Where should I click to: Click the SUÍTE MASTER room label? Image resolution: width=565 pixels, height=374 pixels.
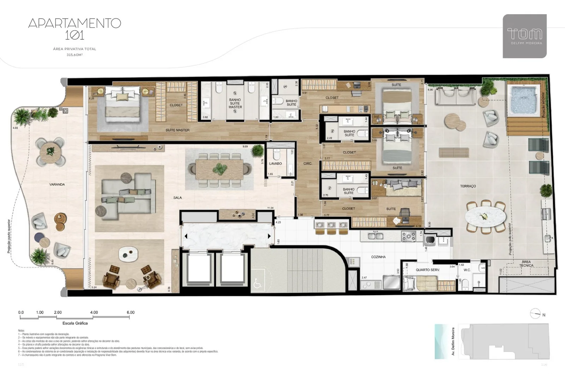[x=178, y=130]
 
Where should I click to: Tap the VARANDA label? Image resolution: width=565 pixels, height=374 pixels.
[x=57, y=185]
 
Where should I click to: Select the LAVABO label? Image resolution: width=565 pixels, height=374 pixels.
[x=275, y=164]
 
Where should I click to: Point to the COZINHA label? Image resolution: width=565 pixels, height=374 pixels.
[x=378, y=257]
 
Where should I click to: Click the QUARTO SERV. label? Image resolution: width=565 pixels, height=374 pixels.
[x=428, y=270]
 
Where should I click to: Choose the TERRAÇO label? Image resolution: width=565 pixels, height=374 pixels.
[x=468, y=186]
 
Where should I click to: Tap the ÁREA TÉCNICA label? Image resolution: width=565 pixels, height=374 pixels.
[x=526, y=264]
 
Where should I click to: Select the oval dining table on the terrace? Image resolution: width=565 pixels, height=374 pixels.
[x=485, y=217]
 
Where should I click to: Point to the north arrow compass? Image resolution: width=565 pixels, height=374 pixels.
[x=536, y=314]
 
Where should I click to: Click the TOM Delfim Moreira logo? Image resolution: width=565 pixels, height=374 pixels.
[x=524, y=36]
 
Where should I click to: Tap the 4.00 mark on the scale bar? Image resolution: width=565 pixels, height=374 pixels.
[x=94, y=312]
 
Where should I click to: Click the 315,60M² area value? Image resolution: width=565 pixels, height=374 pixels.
[x=75, y=55]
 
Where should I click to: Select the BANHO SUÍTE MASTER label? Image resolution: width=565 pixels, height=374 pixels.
[x=235, y=104]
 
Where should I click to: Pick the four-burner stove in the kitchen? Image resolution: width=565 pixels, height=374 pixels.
[x=408, y=236]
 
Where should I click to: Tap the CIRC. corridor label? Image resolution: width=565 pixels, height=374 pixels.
[x=308, y=164]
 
